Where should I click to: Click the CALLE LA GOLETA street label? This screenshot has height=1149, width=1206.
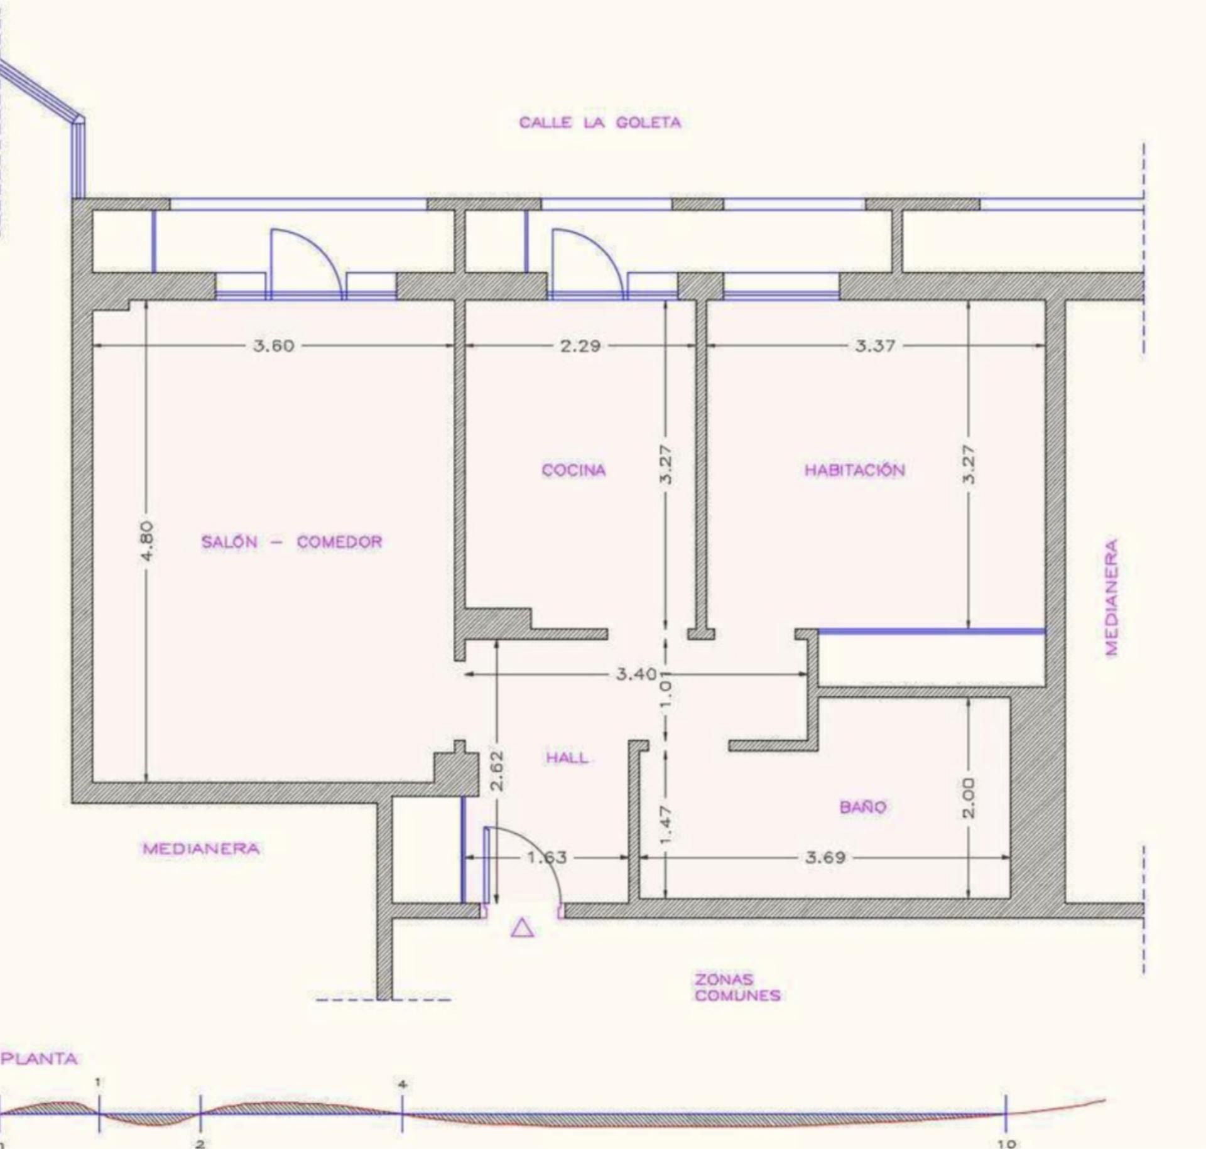pyautogui.click(x=600, y=122)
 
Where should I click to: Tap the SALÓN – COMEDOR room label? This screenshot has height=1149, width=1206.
pyautogui.click(x=291, y=542)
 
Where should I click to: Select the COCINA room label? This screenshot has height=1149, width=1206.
pyautogui.click(x=573, y=470)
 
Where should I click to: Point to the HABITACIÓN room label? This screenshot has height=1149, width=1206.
pyautogui.click(x=855, y=470)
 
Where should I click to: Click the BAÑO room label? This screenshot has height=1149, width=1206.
pyautogui.click(x=862, y=806)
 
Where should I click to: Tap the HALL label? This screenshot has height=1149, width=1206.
pyautogui.click(x=567, y=758)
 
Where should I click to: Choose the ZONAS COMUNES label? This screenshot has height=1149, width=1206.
pyautogui.click(x=737, y=987)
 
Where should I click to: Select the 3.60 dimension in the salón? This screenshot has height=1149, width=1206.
pyautogui.click(x=273, y=345)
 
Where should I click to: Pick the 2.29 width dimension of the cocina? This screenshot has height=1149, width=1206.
pyautogui.click(x=580, y=345)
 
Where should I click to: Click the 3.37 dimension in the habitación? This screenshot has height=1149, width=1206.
pyautogui.click(x=875, y=345)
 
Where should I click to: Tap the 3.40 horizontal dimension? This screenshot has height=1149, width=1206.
pyautogui.click(x=636, y=674)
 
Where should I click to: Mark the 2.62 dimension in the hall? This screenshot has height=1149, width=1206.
pyautogui.click(x=497, y=771)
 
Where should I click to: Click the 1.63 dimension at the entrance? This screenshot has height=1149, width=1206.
pyautogui.click(x=546, y=857)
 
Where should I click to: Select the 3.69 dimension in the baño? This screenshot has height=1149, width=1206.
pyautogui.click(x=825, y=857)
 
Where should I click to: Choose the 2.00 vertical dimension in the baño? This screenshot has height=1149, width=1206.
pyautogui.click(x=969, y=797)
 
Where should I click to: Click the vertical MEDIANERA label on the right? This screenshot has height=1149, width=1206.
pyautogui.click(x=1112, y=597)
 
